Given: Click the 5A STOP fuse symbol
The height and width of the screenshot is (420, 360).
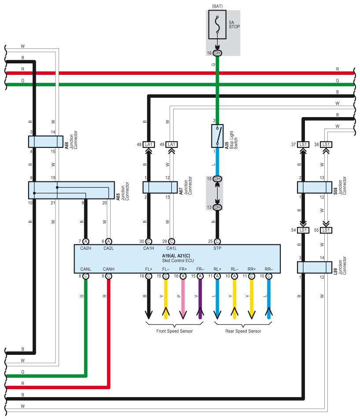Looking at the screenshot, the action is [x=217, y=25].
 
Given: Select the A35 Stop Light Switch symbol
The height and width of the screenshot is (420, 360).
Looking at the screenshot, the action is [x=217, y=136].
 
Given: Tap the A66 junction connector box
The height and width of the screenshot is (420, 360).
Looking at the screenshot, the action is [x=46, y=142].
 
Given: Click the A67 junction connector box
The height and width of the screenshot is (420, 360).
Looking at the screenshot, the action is [x=160, y=188].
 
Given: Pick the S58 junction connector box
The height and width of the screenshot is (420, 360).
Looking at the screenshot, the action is [x=315, y=188].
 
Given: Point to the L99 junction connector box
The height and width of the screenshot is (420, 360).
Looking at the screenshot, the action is [x=315, y=267].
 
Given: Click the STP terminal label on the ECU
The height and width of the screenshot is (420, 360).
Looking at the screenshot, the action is [x=217, y=248].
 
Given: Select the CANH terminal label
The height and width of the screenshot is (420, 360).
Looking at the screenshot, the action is [x=108, y=269].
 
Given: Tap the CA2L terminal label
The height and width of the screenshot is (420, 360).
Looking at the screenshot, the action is [x=108, y=248].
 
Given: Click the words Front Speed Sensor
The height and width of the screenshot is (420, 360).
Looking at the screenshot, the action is [x=174, y=331].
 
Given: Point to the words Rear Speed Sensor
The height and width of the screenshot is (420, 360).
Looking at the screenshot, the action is [x=243, y=331].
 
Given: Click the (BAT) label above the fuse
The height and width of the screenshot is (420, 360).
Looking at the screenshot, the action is [x=217, y=6].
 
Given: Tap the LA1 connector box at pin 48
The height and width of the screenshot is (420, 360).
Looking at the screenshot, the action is [x=149, y=145].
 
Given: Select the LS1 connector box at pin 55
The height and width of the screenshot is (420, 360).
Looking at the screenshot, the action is [x=326, y=230].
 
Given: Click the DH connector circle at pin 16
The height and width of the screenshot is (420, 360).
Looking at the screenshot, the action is [x=217, y=53].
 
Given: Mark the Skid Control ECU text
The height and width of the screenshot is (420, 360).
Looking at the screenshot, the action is [x=178, y=261].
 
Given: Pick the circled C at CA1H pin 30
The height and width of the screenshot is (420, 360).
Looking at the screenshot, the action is [x=149, y=242].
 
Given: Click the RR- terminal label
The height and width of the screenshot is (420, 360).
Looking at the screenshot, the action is [x=269, y=269].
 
